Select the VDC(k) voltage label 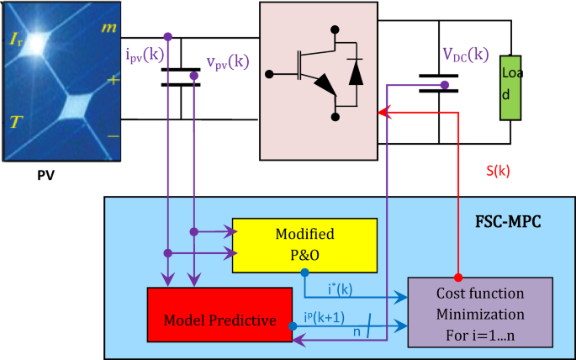coord(465,55)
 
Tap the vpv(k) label coord(227,62)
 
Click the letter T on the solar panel coord(15,123)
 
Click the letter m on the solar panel coord(110,28)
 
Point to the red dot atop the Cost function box coord(457,277)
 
